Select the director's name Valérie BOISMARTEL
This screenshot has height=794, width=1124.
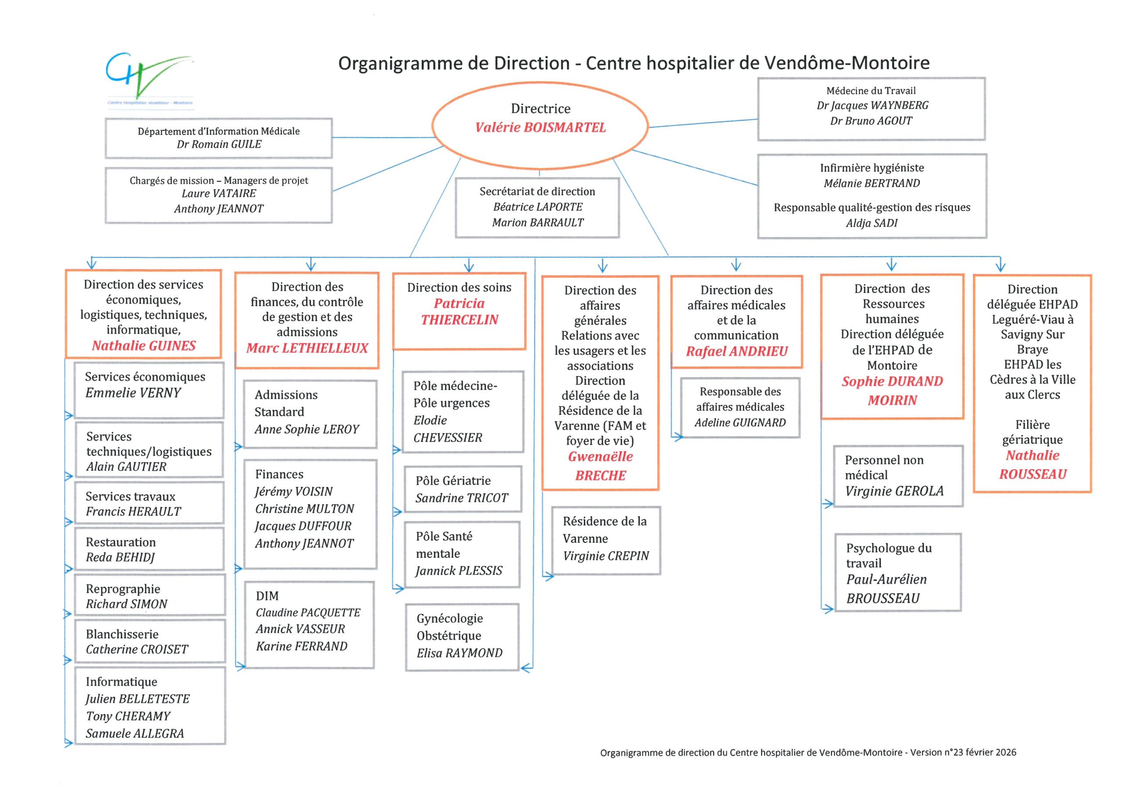[540, 128]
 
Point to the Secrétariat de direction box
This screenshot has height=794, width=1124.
[537, 207]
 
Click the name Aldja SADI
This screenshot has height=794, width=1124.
[872, 223]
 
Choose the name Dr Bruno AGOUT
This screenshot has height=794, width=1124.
[871, 121]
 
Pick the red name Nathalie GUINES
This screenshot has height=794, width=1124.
[144, 346]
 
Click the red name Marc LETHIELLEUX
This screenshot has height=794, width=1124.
[307, 348]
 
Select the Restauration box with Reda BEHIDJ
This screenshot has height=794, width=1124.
[149, 549]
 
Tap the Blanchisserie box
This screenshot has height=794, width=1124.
[150, 641]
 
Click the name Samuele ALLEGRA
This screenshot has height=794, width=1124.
[135, 733]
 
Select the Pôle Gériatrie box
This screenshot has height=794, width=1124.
[463, 489]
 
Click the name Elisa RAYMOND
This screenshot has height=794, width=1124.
[459, 653]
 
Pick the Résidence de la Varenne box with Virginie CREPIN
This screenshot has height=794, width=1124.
[606, 540]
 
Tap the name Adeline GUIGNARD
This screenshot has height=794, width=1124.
[740, 423]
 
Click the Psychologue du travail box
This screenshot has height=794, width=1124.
[898, 572]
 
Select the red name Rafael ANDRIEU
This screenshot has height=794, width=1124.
[737, 352]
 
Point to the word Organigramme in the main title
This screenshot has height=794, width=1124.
[413, 64]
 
